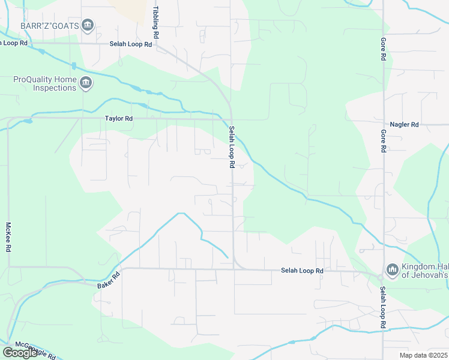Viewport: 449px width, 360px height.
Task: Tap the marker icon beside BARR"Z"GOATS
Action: [x=88, y=25]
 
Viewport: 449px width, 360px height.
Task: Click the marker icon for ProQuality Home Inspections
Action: [x=85, y=83]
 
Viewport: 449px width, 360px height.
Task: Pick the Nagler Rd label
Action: [x=403, y=124]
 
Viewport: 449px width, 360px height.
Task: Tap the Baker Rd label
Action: [x=108, y=280]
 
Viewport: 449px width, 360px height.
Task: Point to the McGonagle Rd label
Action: [x=35, y=350]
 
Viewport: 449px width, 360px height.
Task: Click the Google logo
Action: [x=20, y=352]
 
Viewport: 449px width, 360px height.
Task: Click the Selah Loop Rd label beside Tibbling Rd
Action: [x=130, y=44]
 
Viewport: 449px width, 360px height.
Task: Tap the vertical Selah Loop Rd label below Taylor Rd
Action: [x=231, y=147]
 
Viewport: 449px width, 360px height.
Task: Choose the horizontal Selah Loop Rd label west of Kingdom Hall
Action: [x=302, y=271]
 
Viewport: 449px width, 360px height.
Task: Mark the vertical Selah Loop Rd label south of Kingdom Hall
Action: [x=383, y=307]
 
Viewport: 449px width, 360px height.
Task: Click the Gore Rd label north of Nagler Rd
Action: [x=383, y=49]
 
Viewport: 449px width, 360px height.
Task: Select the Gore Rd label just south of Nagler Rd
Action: [x=383, y=141]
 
